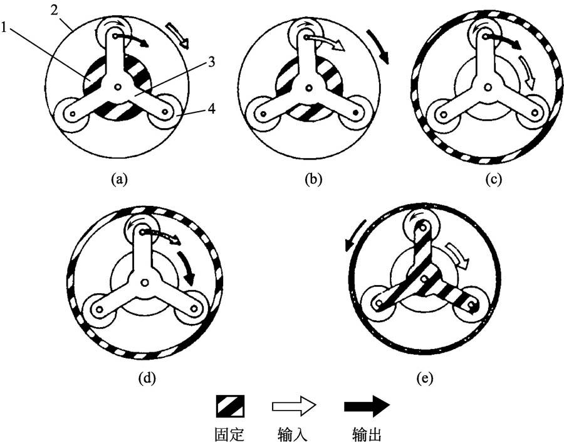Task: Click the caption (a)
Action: pos(118,179)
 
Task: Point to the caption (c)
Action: pos(493,179)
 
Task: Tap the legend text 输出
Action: pos(367,433)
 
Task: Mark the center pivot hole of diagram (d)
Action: pos(145,283)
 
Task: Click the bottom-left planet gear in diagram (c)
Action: pos(444,116)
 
